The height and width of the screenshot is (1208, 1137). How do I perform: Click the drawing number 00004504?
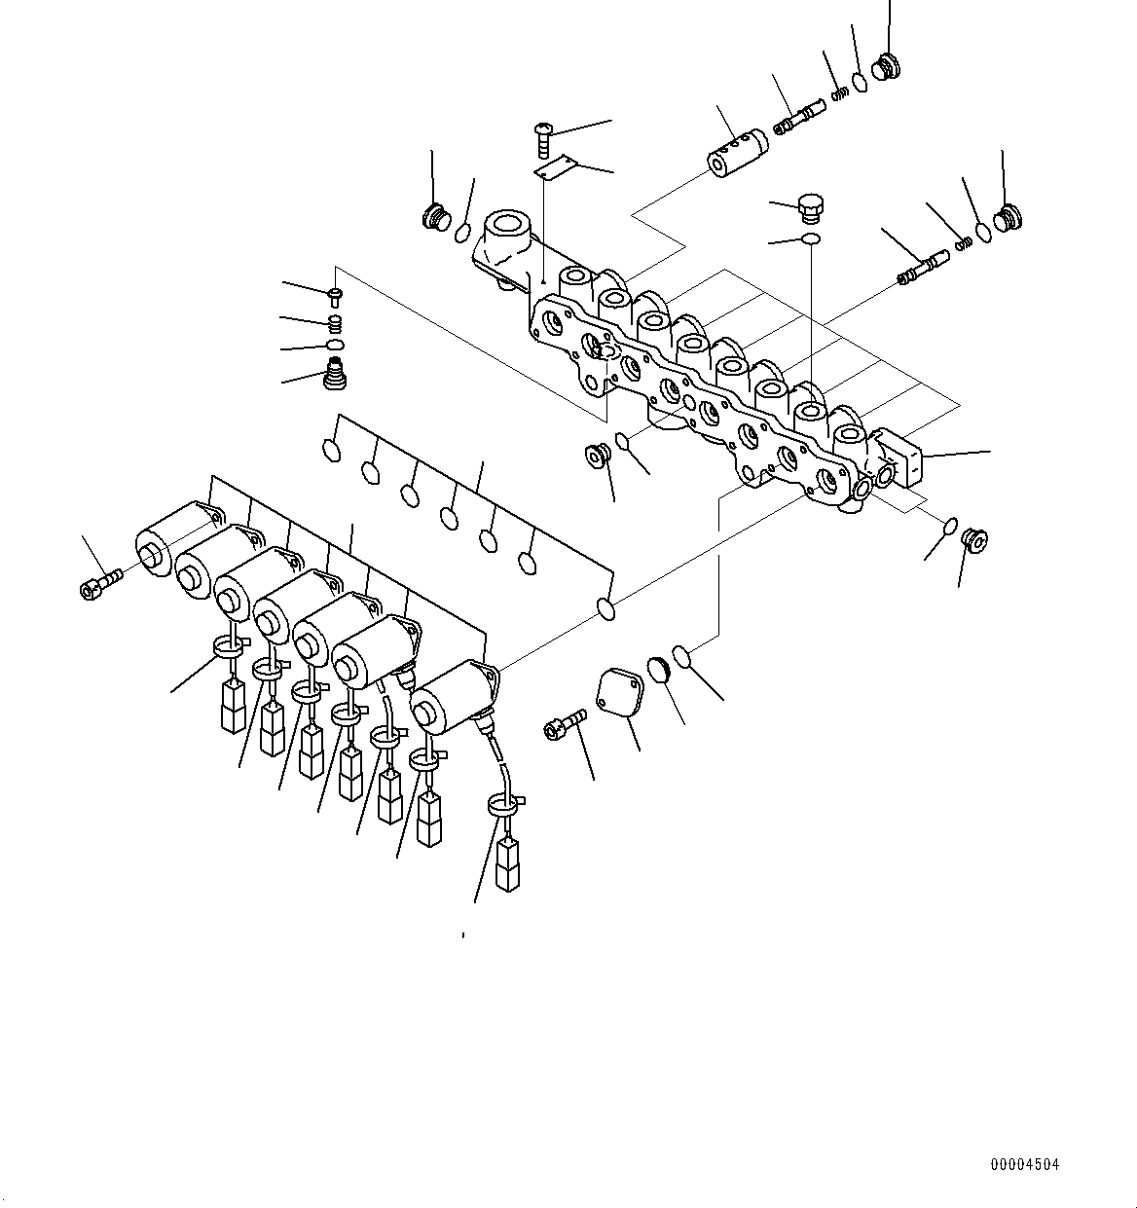coord(1025,1164)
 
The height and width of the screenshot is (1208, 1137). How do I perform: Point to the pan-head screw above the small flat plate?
coord(545,136)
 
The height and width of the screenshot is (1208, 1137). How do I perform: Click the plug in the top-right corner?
coord(887,66)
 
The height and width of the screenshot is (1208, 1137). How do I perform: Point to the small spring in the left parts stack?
coord(335,322)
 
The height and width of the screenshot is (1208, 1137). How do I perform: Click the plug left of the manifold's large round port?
coord(434,216)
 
